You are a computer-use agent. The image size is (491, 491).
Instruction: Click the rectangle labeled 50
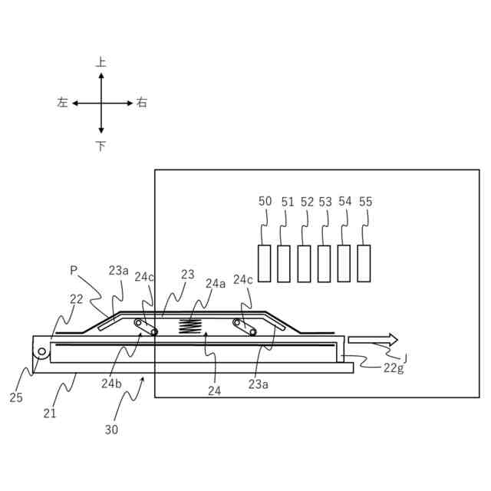(x=265, y=263)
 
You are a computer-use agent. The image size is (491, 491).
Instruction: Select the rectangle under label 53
(x=325, y=263)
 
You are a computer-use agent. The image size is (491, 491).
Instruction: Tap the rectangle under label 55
(x=364, y=263)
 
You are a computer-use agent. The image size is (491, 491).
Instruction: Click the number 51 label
(x=288, y=202)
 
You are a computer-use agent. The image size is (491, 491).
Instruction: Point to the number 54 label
(x=344, y=201)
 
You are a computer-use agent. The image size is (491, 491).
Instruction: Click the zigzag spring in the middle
(x=191, y=325)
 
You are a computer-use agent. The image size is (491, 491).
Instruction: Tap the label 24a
(x=216, y=283)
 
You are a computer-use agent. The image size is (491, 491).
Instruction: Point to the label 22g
(x=394, y=368)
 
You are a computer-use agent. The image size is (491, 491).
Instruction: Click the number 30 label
(x=112, y=430)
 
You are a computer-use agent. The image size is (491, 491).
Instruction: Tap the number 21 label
(x=50, y=414)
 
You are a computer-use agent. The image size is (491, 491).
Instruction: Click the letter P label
(x=74, y=271)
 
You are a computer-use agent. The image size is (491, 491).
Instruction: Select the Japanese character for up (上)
(x=101, y=62)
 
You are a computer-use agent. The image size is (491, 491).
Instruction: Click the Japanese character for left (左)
(x=62, y=103)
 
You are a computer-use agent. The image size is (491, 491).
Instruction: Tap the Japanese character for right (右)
(x=142, y=103)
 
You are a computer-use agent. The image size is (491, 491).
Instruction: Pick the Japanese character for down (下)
(x=101, y=146)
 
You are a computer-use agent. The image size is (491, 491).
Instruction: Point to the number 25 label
(x=16, y=397)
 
